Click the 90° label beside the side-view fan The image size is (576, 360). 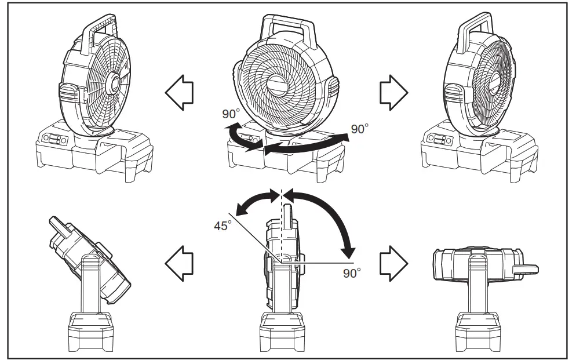tap(352, 272)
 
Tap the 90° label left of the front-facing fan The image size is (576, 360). tap(231, 114)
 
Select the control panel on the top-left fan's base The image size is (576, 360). tap(54, 140)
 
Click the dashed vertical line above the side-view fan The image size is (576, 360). tap(282, 200)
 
